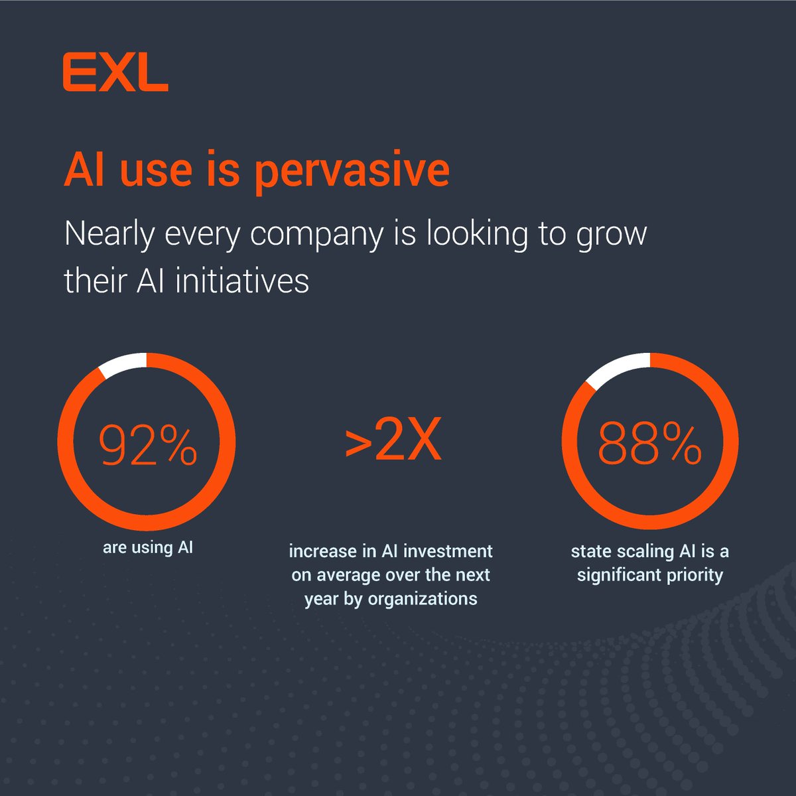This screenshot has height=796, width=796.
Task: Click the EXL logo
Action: pos(115,73)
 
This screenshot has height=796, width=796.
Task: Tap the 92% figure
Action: pos(148,445)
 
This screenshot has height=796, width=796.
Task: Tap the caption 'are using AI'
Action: pos(148,548)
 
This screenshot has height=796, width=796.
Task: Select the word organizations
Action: pos(423,599)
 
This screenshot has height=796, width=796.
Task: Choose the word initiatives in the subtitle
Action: pos(242,281)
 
